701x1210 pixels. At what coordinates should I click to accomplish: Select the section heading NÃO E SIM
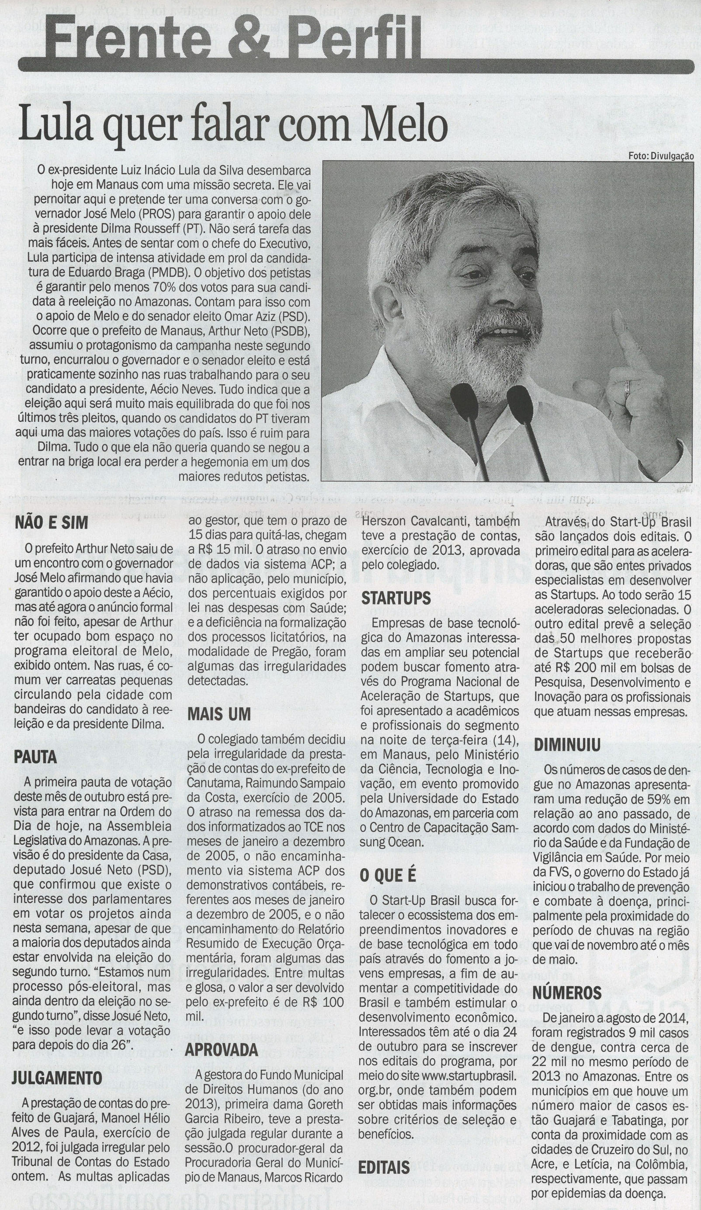click(x=52, y=523)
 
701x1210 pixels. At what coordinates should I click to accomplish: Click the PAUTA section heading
click(x=35, y=757)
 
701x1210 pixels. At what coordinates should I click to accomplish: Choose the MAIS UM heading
click(x=219, y=714)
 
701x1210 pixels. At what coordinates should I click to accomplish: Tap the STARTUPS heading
click(x=396, y=598)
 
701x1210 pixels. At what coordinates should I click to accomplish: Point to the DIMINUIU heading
click(x=567, y=745)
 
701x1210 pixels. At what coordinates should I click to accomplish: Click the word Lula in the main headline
click(x=49, y=126)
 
